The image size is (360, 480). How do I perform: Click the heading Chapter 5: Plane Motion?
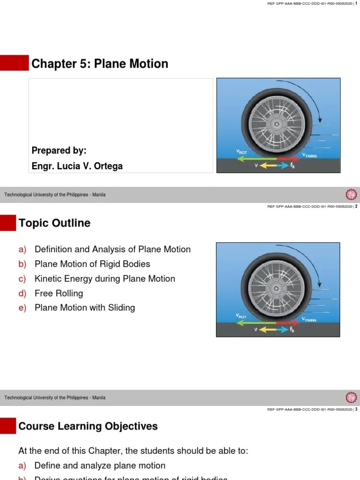(99, 64)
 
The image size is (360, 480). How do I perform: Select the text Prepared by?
(59, 150)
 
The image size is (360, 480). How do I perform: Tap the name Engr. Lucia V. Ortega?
(77, 166)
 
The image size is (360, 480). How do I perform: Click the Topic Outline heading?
(54, 223)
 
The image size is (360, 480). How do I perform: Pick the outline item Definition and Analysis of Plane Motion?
(112, 249)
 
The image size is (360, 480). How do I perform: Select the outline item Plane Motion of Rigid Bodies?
(92, 264)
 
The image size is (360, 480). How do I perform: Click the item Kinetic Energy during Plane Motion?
(105, 278)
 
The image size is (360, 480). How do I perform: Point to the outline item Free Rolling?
(59, 293)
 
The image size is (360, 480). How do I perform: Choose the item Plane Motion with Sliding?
(84, 307)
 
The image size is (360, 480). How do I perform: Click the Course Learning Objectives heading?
(88, 426)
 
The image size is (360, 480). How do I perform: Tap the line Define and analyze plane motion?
(100, 465)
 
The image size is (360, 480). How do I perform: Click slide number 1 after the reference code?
(356, 3)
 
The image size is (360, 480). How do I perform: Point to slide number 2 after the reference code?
(356, 206)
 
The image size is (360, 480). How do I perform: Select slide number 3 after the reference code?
(356, 409)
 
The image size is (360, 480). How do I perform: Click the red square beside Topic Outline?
(7, 223)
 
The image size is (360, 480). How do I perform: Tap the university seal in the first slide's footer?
(351, 195)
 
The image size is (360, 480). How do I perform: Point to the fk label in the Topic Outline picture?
(292, 330)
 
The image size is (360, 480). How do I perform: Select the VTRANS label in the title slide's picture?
(309, 156)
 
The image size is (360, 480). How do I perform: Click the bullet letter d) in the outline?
(22, 293)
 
